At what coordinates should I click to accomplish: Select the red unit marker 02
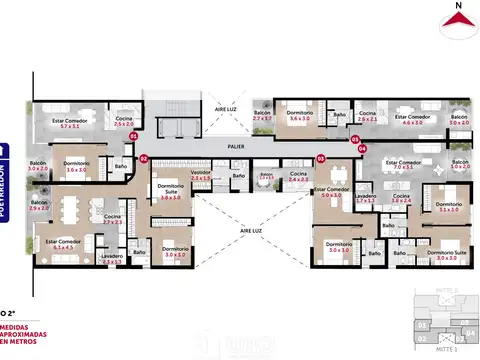(143, 158)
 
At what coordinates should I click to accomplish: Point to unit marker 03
(320, 158)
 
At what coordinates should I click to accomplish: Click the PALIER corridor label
(236, 147)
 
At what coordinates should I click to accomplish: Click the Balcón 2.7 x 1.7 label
(262, 117)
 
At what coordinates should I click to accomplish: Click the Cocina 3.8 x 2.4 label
(401, 198)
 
